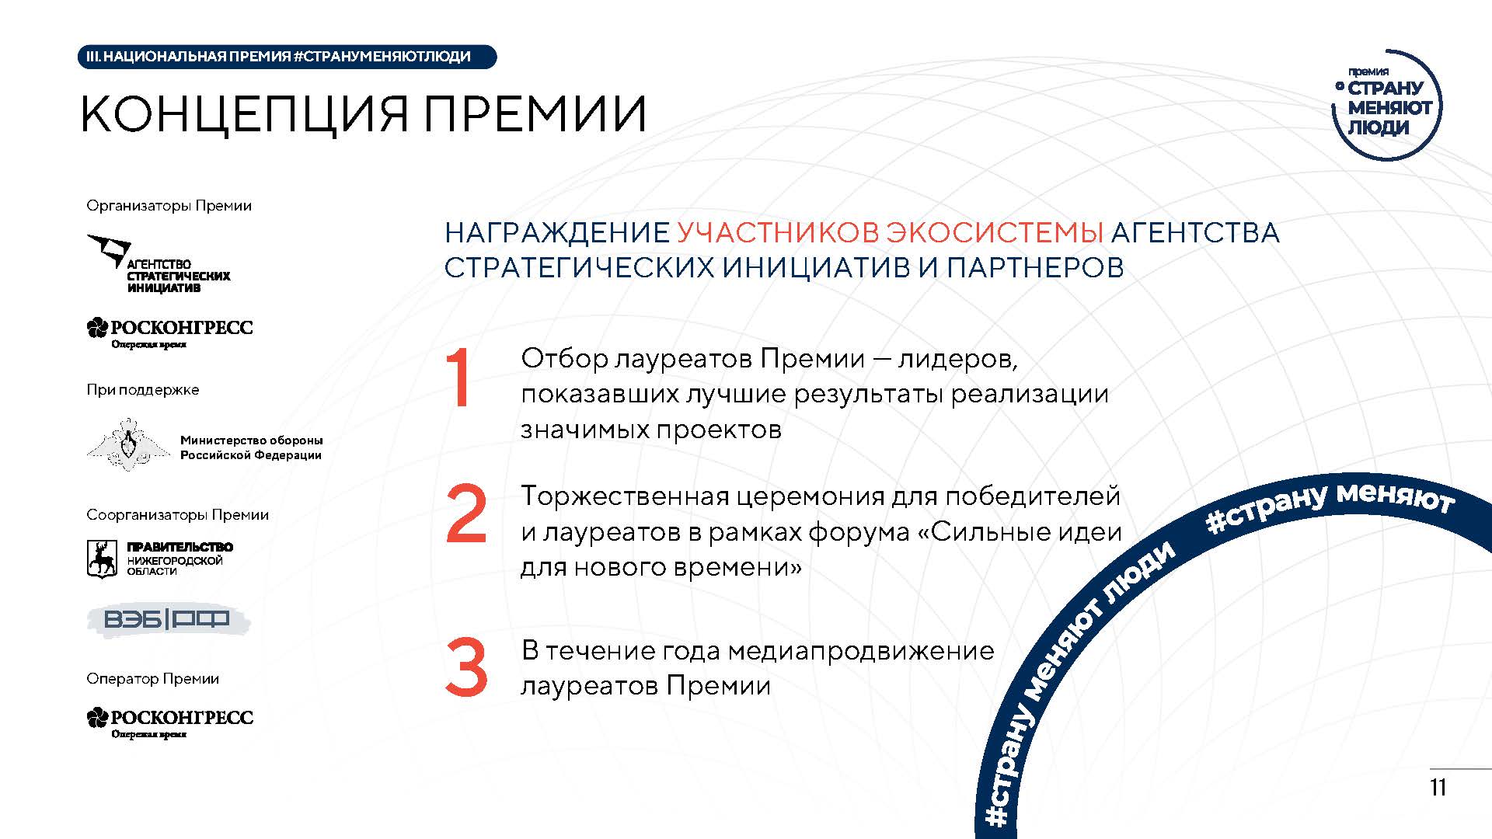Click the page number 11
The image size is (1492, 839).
tap(1438, 788)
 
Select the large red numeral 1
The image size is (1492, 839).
tap(460, 378)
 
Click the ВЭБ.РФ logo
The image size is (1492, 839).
tap(167, 619)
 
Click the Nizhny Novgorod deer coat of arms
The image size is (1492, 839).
tap(101, 559)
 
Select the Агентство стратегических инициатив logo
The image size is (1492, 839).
tap(159, 264)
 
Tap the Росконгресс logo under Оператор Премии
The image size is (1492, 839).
tap(170, 722)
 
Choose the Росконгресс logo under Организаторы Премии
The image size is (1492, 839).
tap(170, 332)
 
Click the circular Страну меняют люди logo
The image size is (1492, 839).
tap(1388, 105)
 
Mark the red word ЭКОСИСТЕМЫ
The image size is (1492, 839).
tap(995, 232)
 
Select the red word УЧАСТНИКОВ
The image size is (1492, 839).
tap(777, 232)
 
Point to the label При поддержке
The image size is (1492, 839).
tap(143, 390)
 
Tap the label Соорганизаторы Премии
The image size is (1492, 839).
tap(178, 515)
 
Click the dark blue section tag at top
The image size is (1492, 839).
tap(287, 57)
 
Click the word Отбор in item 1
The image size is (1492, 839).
tap(564, 358)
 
